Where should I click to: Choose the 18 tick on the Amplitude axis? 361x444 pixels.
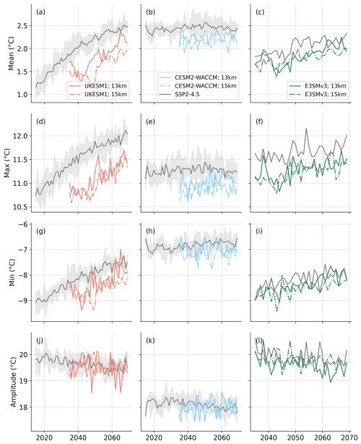click(24, 408)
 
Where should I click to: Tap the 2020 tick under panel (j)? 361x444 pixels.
click(45, 437)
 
